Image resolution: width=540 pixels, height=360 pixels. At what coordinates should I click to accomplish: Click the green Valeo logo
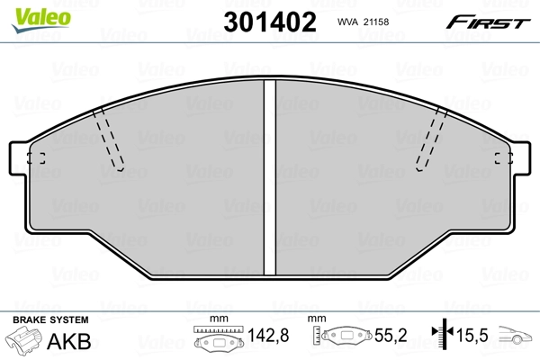point(41,20)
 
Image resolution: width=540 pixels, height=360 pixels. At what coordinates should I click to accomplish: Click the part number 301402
point(270,22)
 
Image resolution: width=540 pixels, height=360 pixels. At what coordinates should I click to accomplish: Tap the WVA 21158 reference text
point(363,22)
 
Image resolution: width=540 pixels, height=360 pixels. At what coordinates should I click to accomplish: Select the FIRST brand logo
point(488,22)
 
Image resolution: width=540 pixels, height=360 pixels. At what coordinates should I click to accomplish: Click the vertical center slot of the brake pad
point(270,177)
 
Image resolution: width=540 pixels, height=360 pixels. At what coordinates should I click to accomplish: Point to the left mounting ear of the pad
point(18,158)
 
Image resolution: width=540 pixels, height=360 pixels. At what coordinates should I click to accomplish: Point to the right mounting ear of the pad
point(522,158)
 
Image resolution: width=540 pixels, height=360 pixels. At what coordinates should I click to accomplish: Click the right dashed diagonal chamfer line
point(431,139)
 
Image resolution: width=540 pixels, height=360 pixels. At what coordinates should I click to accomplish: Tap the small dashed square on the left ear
point(36,158)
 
